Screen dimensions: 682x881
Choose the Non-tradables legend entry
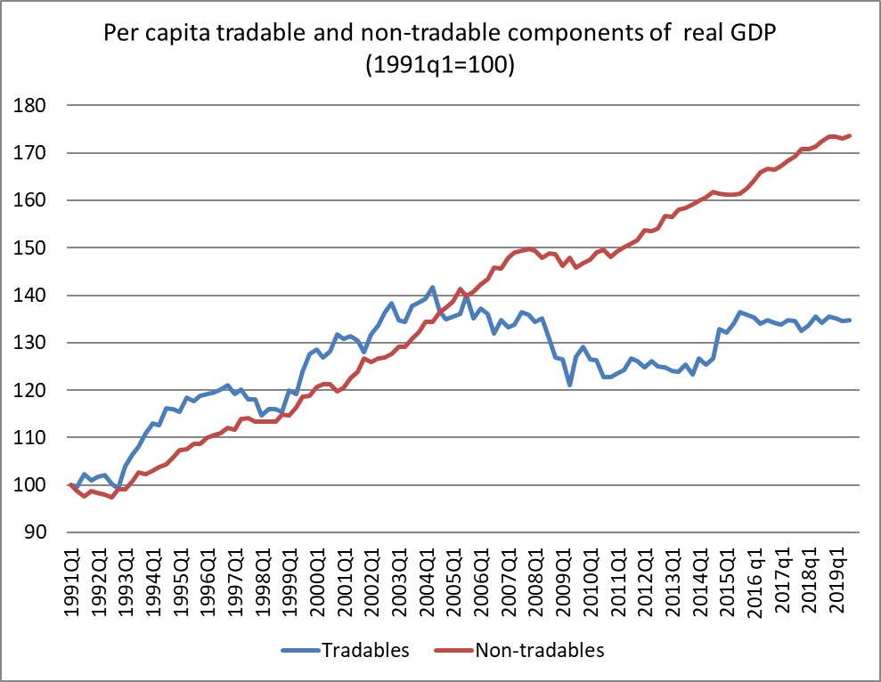(x=537, y=650)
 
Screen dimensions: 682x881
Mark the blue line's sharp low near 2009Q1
(x=569, y=385)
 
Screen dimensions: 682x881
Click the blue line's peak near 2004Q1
(x=433, y=288)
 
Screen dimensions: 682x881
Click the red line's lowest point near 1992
(x=111, y=497)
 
